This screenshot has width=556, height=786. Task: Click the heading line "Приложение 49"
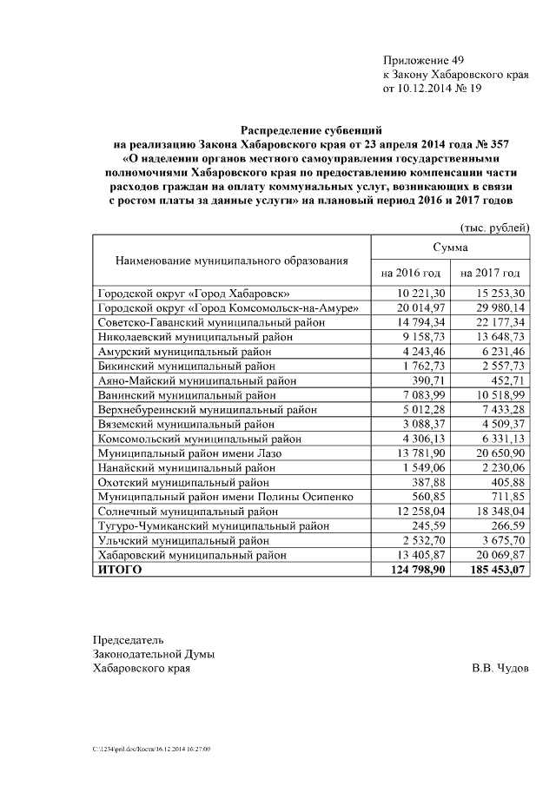(x=424, y=60)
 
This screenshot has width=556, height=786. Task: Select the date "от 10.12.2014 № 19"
(x=432, y=88)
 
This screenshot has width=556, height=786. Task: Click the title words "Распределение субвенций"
(x=312, y=129)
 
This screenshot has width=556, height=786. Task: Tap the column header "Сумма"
(x=450, y=248)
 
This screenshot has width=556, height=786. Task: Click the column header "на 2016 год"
(x=411, y=273)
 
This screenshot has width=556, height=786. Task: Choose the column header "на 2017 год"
(x=490, y=273)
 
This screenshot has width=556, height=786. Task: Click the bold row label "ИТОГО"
(x=119, y=570)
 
